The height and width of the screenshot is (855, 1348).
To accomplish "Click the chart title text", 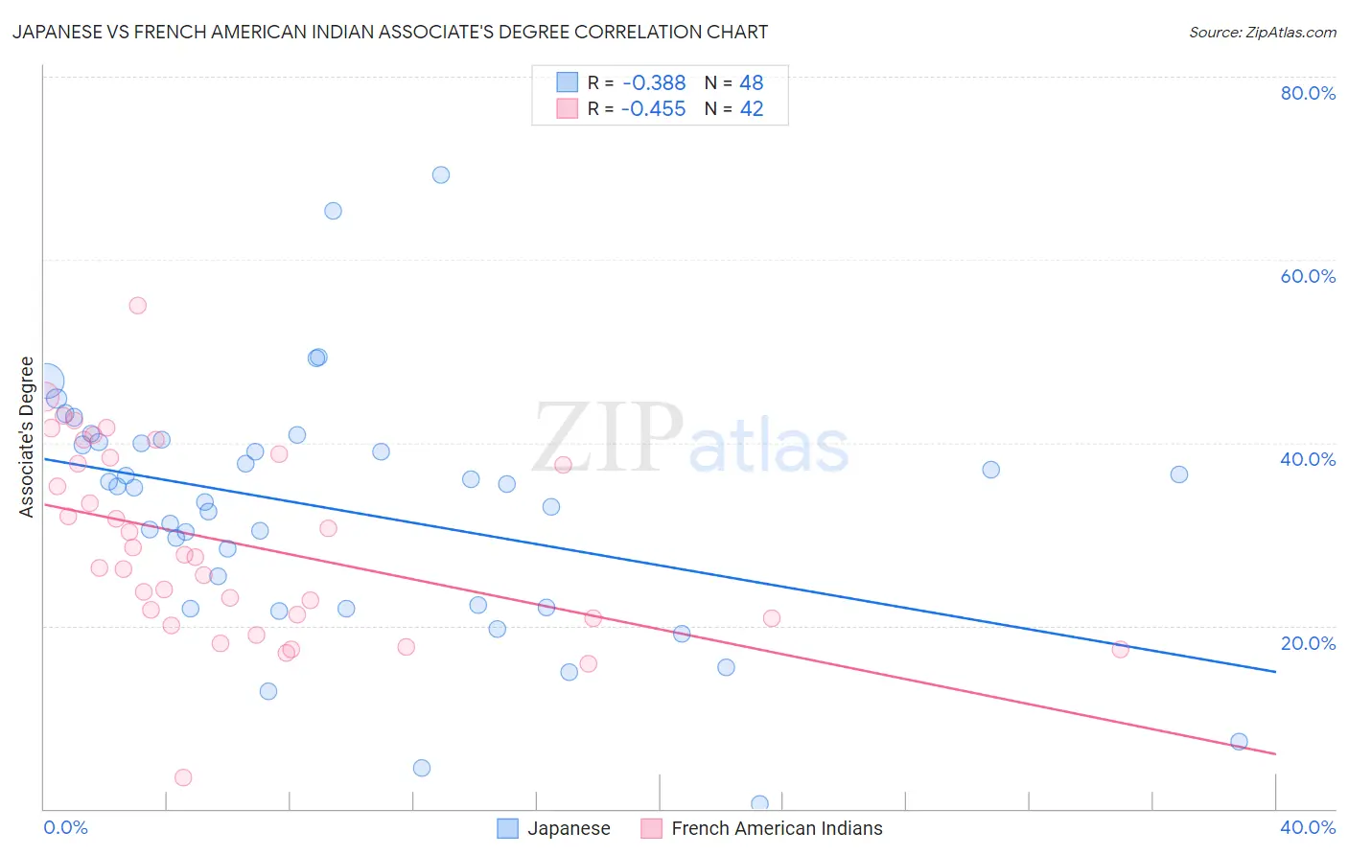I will (x=390, y=32).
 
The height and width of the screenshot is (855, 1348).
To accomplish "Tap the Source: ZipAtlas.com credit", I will (x=1262, y=33).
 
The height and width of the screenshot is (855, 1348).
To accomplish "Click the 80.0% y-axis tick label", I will (x=1308, y=93).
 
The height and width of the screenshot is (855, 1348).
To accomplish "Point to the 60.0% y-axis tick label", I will (x=1308, y=276).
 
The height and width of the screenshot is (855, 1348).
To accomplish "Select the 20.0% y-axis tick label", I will (x=1308, y=643).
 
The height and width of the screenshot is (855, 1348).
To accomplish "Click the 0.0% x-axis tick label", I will (x=65, y=827).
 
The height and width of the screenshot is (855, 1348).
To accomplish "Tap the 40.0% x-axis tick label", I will (x=1308, y=827).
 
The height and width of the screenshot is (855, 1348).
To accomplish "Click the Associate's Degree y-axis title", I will (x=27, y=437).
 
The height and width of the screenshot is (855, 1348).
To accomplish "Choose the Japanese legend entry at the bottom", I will (x=554, y=828).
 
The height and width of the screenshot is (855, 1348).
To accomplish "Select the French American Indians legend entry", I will (x=762, y=828).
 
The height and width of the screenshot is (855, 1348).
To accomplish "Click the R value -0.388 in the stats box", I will (x=654, y=83).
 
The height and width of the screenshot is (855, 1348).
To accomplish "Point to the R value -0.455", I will (x=654, y=109).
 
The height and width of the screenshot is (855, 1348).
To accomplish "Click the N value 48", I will (x=752, y=83).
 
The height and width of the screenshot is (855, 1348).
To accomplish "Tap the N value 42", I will (x=752, y=109).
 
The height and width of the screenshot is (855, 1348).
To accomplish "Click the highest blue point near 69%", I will (x=441, y=174).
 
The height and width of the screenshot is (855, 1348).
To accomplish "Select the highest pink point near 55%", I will (x=137, y=306).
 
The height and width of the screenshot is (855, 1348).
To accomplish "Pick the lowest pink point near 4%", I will (x=183, y=777).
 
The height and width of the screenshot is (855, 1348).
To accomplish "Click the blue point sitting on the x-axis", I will (x=759, y=803).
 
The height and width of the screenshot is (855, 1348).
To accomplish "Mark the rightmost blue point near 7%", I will (x=1239, y=741).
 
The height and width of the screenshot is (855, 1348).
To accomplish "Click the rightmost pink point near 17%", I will (x=1120, y=649).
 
